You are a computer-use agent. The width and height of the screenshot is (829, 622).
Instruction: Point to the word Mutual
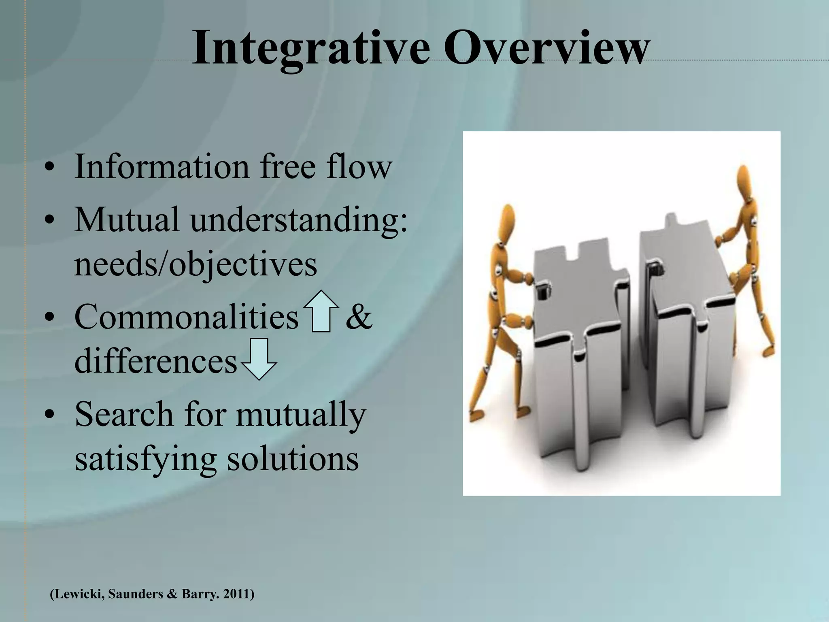click(x=127, y=219)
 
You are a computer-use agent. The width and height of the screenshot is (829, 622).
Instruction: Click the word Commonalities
click(x=186, y=317)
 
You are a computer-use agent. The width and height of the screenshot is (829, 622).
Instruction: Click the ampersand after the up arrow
click(x=359, y=317)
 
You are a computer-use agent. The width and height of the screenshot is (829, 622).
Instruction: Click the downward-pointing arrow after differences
click(x=259, y=359)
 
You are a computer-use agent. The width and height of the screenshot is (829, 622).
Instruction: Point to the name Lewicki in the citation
click(x=77, y=594)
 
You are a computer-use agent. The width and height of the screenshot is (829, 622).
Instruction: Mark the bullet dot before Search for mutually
click(x=49, y=415)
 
